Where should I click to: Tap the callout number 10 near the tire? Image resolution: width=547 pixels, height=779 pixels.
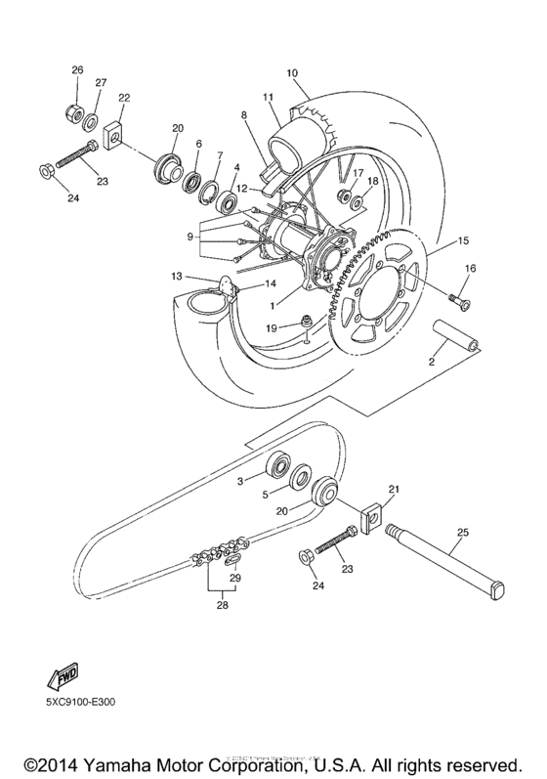(292, 73)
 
